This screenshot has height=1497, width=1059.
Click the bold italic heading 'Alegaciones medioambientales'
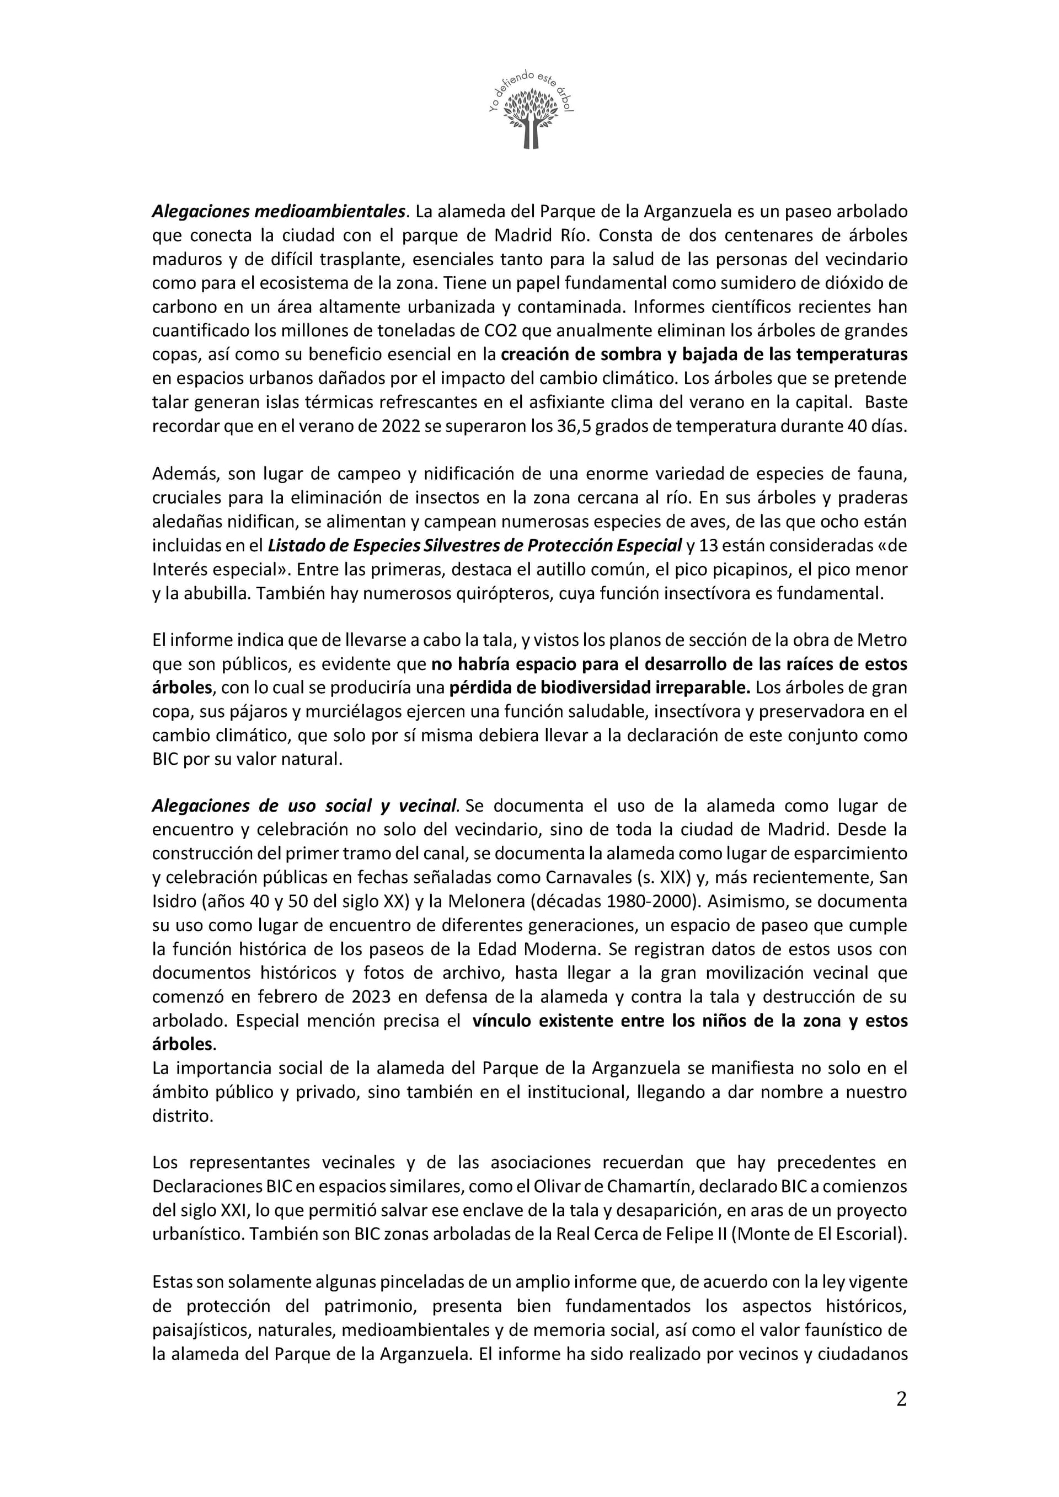[x=279, y=211]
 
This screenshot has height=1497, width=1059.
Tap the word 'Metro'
[x=883, y=640]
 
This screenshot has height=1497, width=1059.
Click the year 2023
[x=372, y=997]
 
